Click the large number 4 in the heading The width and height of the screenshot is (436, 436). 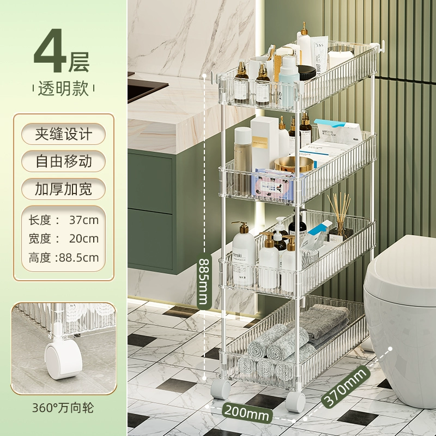pos(50,50)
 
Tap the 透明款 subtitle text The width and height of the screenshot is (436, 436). pos(63,88)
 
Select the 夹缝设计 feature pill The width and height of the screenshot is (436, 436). pos(63,134)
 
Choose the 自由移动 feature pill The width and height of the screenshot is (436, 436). pos(63,161)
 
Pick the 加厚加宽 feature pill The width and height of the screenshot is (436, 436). pos(63,189)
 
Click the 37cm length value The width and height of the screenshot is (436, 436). pos(84,220)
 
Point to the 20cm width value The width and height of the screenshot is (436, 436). pos(84,239)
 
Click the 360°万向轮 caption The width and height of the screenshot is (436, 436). pos(63,408)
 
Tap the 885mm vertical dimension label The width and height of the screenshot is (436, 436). pos(204,281)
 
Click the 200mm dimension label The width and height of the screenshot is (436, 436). pos(247,413)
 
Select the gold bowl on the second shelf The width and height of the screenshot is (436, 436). pos(294,164)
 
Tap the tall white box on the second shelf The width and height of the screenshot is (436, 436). pos(265,143)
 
